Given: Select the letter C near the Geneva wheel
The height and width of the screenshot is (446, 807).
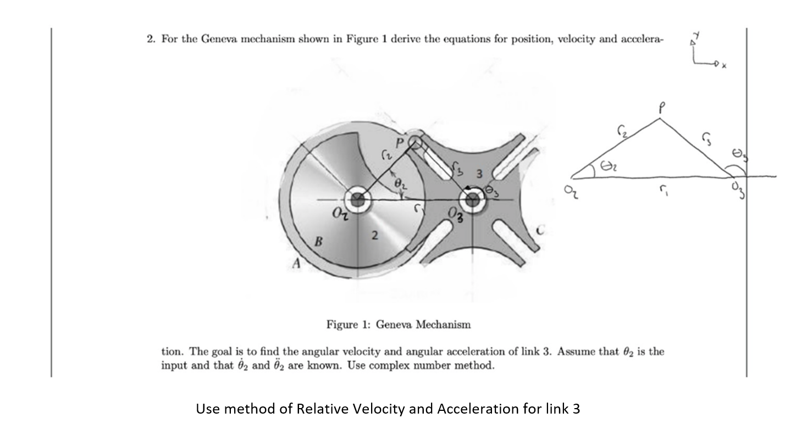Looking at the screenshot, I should click(541, 232).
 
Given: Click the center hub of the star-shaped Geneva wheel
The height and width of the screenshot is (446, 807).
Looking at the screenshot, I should click(472, 202).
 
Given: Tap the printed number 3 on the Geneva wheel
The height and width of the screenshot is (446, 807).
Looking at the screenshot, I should click(479, 174).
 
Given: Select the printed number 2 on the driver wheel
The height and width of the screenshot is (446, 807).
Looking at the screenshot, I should click(374, 236).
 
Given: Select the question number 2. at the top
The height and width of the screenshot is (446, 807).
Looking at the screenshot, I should click(152, 40).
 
